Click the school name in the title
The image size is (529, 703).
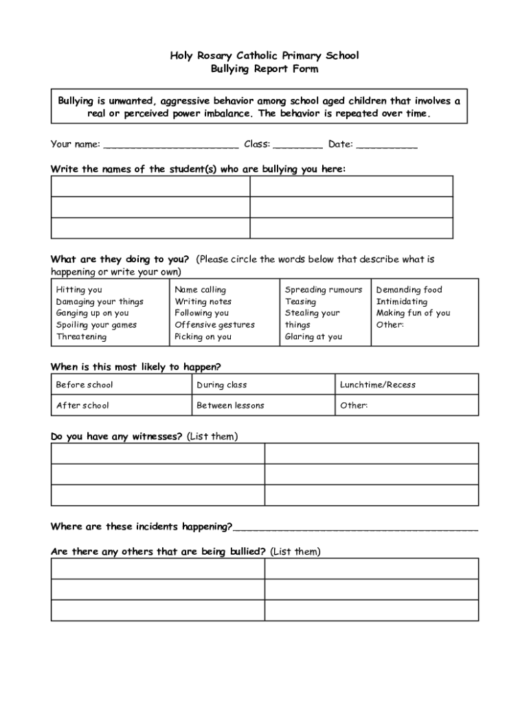tap(264, 56)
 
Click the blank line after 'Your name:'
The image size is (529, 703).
tap(171, 145)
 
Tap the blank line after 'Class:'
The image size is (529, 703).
tap(300, 145)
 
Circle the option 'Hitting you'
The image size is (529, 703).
tap(79, 290)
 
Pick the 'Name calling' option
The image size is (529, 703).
tap(200, 290)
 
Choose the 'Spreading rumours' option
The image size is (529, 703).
tap(323, 290)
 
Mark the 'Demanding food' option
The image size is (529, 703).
tap(409, 290)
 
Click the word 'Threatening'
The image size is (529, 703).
tap(81, 336)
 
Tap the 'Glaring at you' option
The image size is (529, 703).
tap(313, 336)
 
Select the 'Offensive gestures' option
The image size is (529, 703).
tap(214, 325)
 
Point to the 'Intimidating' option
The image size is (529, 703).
tap(401, 301)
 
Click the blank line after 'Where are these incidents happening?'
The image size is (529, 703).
tap(355, 528)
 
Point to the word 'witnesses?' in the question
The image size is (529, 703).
tap(157, 437)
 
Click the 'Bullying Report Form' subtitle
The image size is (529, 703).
tap(264, 69)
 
